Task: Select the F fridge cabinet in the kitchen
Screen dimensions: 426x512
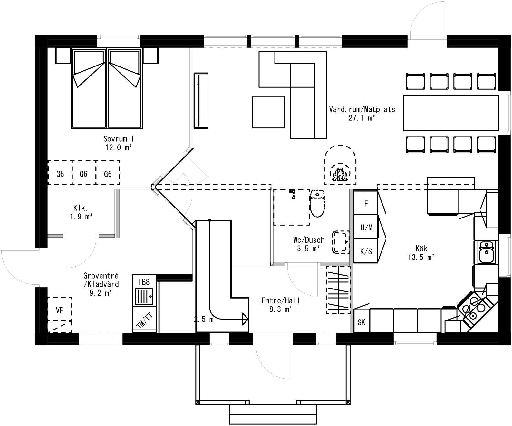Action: [366, 203]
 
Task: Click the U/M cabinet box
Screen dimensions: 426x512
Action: [366, 227]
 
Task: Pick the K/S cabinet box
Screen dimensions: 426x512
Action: [366, 251]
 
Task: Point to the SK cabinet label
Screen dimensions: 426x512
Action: [362, 322]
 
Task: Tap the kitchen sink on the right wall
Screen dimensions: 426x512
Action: [486, 252]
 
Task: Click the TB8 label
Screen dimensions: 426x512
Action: [144, 282]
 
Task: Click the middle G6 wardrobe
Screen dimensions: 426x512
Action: [84, 174]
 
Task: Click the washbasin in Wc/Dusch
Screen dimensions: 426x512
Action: [341, 241]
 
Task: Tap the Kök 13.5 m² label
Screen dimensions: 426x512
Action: [421, 253]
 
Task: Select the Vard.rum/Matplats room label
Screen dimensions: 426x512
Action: [362, 113]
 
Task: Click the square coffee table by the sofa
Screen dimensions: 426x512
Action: [268, 112]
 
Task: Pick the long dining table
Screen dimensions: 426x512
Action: [450, 113]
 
